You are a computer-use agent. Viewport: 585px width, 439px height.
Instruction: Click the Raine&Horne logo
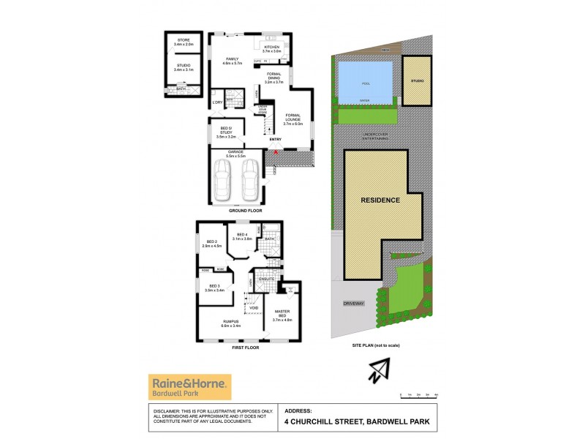pos(189,386)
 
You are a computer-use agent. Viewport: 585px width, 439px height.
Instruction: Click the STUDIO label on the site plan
pos(417,80)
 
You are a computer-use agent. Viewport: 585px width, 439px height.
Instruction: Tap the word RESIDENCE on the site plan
pos(380,200)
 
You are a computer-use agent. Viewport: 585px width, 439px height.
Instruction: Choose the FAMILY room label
pos(233,58)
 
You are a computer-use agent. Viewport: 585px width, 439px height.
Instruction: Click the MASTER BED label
pos(282,316)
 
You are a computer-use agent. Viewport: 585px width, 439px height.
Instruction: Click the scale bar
pos(419,394)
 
